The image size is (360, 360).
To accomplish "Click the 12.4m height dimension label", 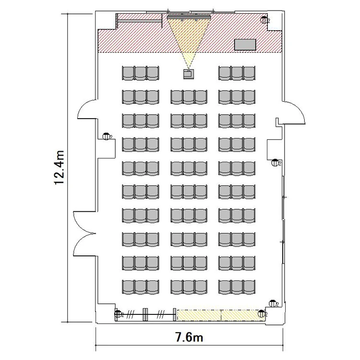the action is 59,168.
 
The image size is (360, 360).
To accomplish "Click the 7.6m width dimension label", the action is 189,337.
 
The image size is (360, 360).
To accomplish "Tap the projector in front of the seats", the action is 189,74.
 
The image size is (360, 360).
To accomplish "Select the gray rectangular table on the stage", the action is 245,45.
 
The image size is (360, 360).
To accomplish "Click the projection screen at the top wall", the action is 189,17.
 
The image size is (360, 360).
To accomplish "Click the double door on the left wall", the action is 84,233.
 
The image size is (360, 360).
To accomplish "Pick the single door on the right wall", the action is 294,112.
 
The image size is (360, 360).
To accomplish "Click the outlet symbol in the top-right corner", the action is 264,20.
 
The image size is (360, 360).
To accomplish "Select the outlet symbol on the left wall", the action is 107,137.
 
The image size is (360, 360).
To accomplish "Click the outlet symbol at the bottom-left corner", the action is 119,313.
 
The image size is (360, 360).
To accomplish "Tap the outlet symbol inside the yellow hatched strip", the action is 261,313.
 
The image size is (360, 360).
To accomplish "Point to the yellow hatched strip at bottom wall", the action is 221,315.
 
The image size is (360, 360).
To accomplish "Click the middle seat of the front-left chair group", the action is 141,73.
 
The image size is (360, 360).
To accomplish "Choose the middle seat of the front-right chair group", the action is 237,73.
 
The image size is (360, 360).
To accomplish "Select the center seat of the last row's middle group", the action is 189,287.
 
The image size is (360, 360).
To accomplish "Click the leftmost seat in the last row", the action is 128,287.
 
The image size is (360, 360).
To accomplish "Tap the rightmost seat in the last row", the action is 249,287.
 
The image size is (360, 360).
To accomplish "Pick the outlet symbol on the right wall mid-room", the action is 275,163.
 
